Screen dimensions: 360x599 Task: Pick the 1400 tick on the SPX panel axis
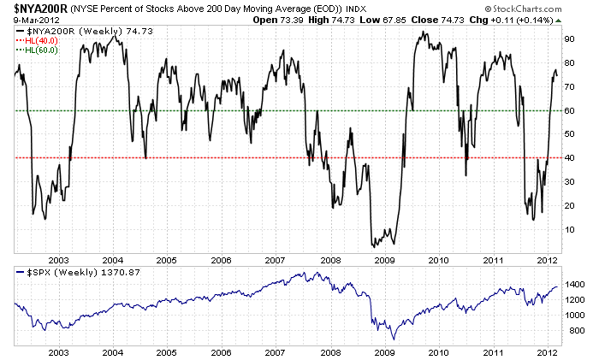coord(572,282)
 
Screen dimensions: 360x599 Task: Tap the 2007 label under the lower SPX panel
coord(276,351)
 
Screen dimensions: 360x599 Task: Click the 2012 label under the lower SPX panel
coord(547,351)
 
